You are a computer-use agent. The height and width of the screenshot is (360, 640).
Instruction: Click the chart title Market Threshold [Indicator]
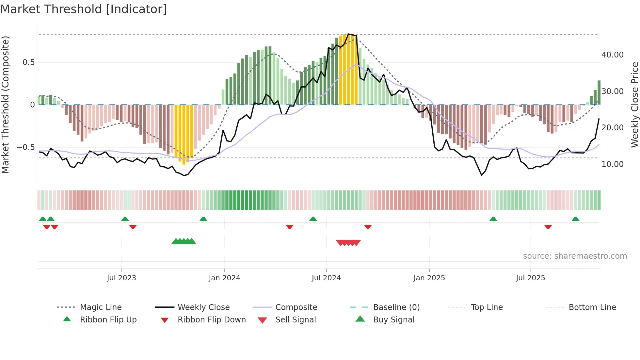coord(84,9)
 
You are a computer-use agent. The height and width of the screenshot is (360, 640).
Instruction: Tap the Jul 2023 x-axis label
coord(121,278)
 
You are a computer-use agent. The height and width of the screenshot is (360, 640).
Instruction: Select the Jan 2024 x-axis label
coord(224,278)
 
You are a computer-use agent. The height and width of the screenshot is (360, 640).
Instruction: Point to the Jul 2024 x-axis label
coord(326,278)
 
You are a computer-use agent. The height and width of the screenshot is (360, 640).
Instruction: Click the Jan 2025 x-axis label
coord(429,278)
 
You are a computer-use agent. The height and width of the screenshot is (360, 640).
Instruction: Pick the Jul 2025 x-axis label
coord(531,278)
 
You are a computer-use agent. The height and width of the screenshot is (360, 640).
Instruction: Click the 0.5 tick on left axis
coord(28,62)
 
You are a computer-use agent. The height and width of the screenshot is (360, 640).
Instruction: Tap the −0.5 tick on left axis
coord(26,147)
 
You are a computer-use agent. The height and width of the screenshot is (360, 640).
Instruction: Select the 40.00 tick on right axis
coord(613,55)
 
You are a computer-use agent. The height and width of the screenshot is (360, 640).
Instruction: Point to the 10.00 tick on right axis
coord(613,164)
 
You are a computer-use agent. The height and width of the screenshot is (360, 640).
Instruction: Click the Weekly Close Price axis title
coord(634,105)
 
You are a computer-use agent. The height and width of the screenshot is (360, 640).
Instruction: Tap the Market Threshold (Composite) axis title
coord(5,105)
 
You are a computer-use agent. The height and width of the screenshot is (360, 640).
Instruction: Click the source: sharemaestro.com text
coord(575,256)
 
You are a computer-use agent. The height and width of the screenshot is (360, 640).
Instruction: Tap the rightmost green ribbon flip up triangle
coord(575,219)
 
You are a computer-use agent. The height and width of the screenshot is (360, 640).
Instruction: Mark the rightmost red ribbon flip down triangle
coord(548,227)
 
